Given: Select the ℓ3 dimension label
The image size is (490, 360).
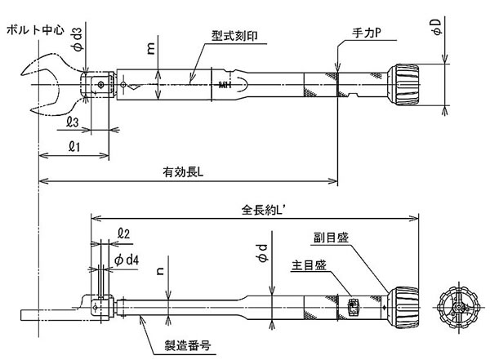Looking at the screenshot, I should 72,122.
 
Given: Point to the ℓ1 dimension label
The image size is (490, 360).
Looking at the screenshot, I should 73,146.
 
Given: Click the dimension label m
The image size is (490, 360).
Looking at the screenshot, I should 151,50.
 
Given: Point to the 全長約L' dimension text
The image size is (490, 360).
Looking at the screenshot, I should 261,209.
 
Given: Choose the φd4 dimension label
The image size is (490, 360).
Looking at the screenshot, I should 131,259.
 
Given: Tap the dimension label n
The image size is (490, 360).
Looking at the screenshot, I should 160,265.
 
